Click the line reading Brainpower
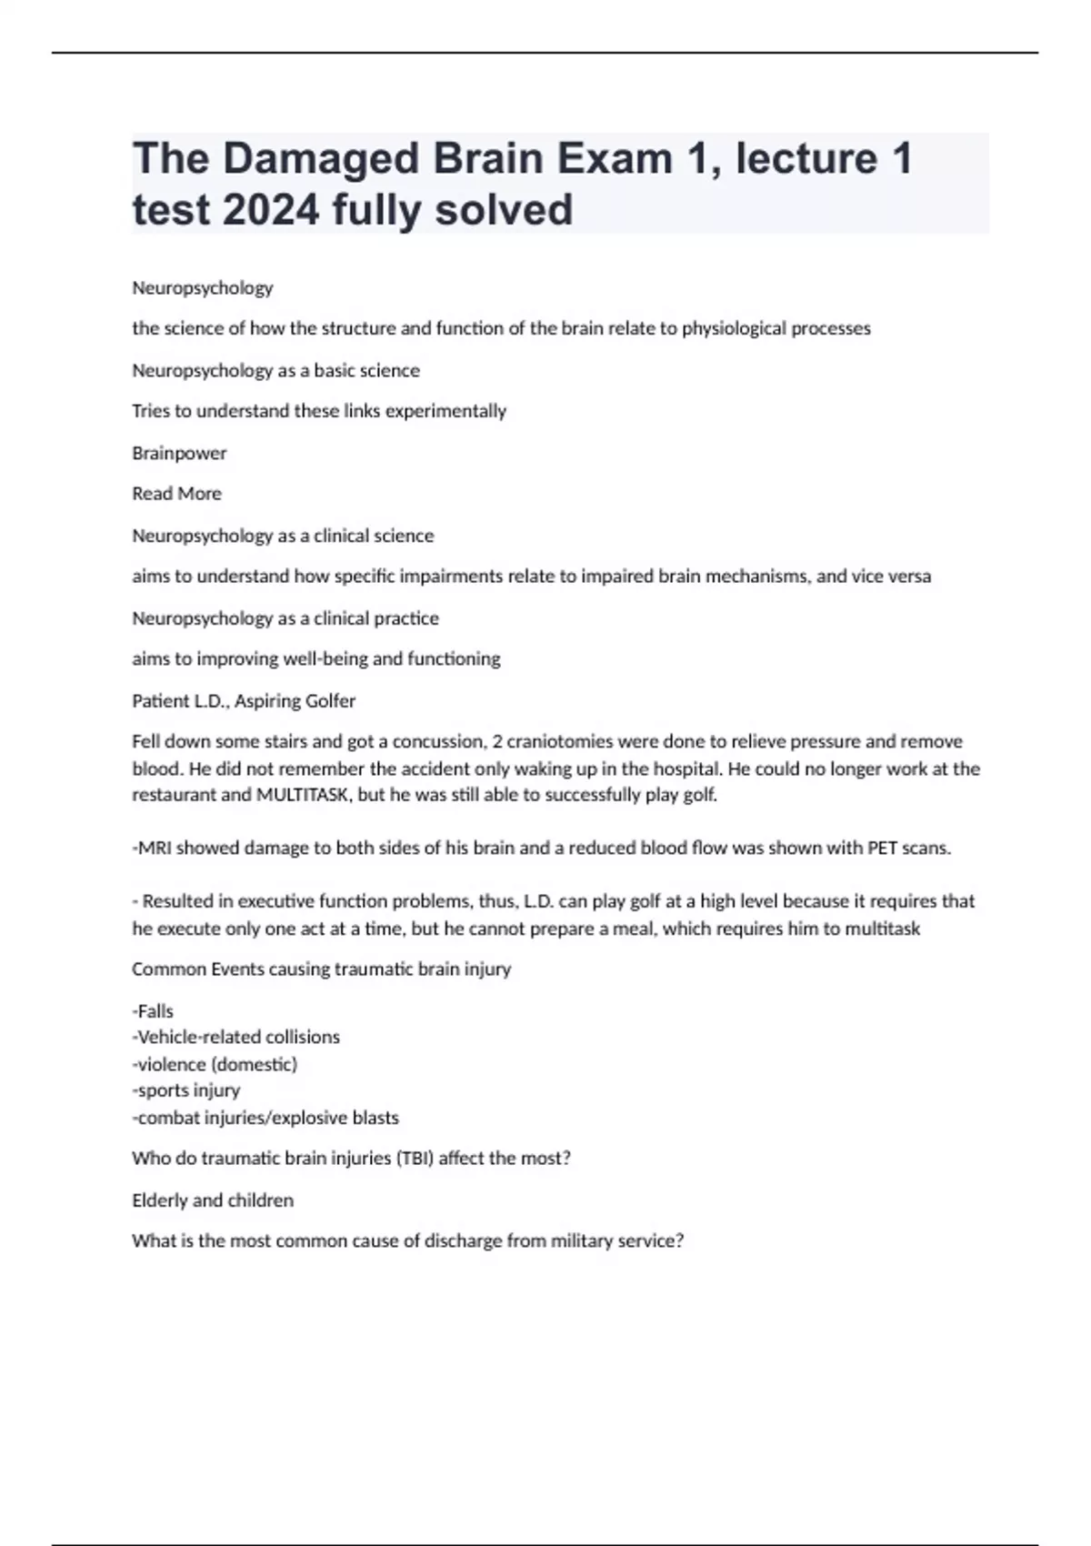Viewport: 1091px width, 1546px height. (x=179, y=453)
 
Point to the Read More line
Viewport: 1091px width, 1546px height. (x=176, y=494)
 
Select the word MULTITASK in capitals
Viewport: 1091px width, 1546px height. (x=303, y=795)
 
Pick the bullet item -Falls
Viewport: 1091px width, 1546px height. (x=153, y=1011)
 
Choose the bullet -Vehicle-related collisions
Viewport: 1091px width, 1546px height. (x=235, y=1038)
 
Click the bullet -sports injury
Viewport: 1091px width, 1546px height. (x=186, y=1090)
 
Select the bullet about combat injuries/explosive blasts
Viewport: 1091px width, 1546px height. (x=265, y=1118)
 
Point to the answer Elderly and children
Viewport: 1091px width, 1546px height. (x=213, y=1200)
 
